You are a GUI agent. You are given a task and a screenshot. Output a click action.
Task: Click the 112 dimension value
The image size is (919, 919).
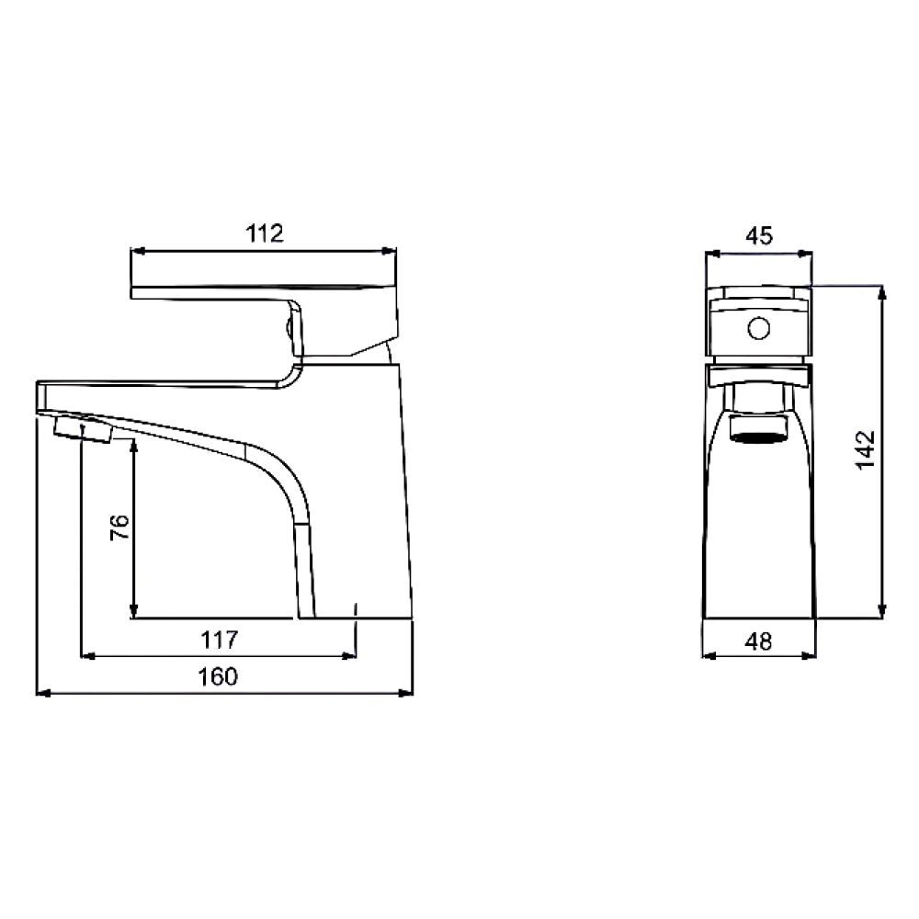pyautogui.click(x=265, y=233)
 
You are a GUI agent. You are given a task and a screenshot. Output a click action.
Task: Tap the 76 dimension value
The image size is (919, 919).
pyautogui.click(x=119, y=527)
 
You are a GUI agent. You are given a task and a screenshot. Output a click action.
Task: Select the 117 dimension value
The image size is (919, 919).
pyautogui.click(x=220, y=640)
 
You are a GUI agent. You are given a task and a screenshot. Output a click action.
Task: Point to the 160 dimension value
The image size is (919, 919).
pyautogui.click(x=218, y=676)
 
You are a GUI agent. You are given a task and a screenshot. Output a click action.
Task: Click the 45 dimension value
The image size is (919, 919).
pyautogui.click(x=759, y=235)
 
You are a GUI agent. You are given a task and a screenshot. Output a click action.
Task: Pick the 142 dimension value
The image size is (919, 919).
pyautogui.click(x=865, y=449)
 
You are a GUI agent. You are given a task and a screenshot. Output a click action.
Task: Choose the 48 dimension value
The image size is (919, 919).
pyautogui.click(x=758, y=641)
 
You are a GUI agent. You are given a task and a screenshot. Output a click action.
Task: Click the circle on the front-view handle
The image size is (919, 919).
pyautogui.click(x=758, y=328)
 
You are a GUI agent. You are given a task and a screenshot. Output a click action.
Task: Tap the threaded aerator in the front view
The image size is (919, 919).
pyautogui.click(x=759, y=426)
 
